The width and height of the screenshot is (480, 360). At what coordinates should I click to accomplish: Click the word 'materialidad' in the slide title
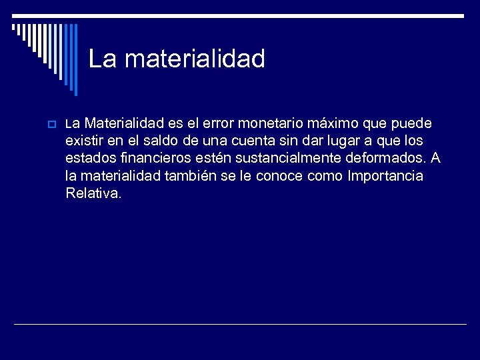(195, 59)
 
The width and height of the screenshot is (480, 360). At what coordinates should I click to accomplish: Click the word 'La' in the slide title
(103, 59)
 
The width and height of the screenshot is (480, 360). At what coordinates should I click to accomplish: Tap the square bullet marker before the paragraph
(51, 125)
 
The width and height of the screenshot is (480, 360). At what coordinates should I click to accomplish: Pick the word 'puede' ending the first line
(413, 124)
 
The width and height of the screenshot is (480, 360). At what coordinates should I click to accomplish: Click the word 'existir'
(85, 141)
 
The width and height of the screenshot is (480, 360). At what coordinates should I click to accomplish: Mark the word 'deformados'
(392, 159)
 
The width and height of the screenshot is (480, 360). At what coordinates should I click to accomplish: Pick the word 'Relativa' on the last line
(93, 193)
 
